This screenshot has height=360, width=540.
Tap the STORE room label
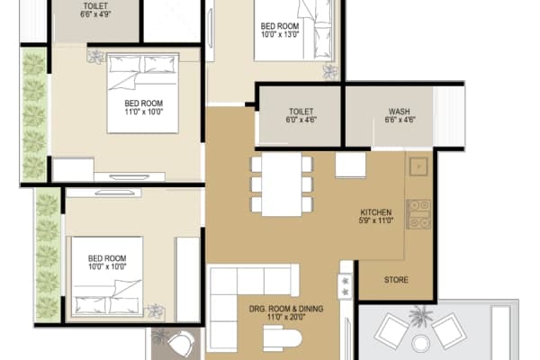[x=396, y=280]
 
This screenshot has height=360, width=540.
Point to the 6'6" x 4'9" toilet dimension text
[x=95, y=14]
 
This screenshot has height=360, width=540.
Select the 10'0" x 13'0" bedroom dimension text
[x=281, y=37]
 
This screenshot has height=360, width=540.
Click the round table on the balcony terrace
[x=419, y=342]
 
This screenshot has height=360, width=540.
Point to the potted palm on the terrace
[x=418, y=316]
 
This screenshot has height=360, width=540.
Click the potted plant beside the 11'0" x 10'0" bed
[x=94, y=57]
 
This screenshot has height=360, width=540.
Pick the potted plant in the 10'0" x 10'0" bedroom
[x=157, y=310]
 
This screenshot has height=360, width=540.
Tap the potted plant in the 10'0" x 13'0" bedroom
[x=330, y=70]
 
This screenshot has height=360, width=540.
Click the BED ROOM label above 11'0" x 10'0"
[x=143, y=103]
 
